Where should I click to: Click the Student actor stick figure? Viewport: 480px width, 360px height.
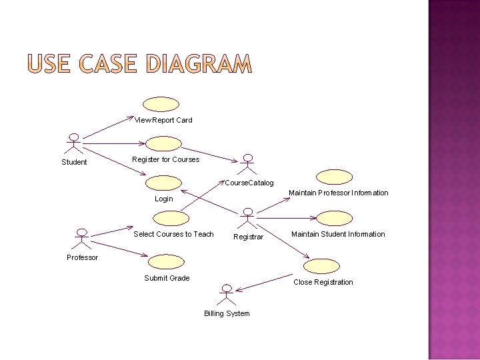tap(75, 144)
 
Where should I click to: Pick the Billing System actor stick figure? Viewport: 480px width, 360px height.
tap(227, 294)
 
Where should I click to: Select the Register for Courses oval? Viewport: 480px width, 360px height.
tap(163, 143)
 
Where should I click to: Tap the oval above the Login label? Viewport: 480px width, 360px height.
tap(164, 183)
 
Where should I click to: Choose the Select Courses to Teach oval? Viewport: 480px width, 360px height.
tap(171, 218)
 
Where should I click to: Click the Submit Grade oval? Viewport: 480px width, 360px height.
tap(167, 261)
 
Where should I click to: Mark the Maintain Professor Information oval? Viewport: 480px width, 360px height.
tap(334, 177)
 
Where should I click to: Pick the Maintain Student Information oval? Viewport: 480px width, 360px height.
tap(334, 218)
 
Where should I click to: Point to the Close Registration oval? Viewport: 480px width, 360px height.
tap(321, 265)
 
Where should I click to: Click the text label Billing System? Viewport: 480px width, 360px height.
tap(227, 313)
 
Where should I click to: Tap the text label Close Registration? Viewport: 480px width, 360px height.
tap(323, 282)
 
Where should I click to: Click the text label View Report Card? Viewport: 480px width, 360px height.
tap(163, 120)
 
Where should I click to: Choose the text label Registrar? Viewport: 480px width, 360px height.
tap(248, 237)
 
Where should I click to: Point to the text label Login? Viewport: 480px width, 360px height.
tap(163, 199)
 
